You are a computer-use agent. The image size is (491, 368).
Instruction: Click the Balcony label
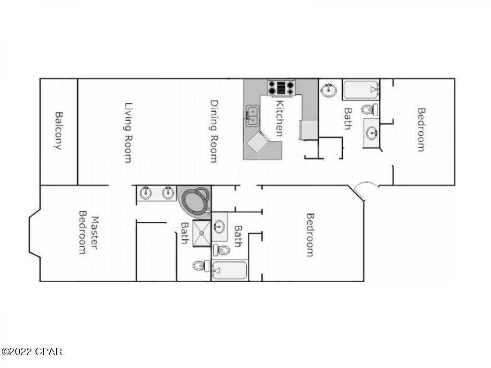(58, 131)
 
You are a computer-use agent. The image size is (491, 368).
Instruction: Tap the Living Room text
(128, 132)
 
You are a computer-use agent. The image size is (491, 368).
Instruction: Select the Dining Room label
(214, 131)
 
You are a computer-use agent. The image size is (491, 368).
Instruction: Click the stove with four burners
(281, 87)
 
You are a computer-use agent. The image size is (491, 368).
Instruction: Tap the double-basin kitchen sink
(252, 115)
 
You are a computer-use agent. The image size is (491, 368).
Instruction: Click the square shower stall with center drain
(201, 233)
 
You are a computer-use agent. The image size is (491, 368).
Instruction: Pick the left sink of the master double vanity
(146, 193)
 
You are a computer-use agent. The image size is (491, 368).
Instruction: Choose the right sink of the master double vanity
(168, 193)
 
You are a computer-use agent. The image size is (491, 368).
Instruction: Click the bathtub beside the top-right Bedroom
(361, 90)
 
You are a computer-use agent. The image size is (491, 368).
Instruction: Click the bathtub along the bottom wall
(229, 271)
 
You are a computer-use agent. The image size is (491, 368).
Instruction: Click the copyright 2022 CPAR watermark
(32, 352)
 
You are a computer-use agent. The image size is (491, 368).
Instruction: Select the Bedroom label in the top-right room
(421, 129)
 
